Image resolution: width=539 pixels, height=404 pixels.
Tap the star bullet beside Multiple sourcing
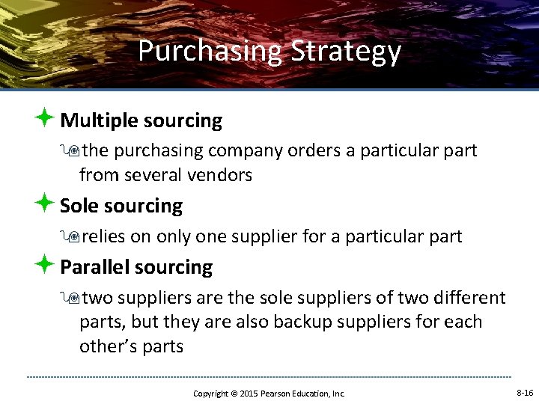pos(44,118)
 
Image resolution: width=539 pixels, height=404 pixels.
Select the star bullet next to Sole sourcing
pos(44,203)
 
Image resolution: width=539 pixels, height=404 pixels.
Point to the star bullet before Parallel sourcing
pos(44,265)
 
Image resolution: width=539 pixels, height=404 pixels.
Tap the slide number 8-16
pos(525,393)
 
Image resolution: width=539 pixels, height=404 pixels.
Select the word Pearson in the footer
pos(277,394)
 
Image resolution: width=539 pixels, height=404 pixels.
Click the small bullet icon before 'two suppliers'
pos(72,299)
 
